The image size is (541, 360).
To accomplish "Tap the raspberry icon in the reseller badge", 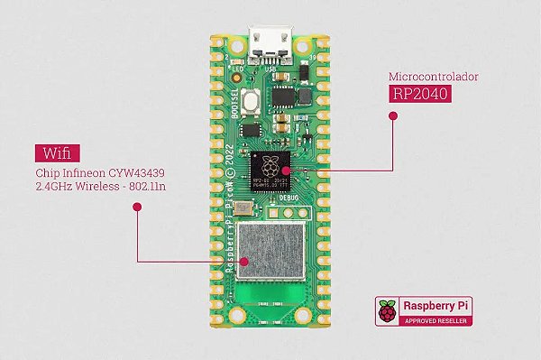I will tap(388, 311).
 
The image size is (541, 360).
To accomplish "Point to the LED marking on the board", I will tap(238, 69).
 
